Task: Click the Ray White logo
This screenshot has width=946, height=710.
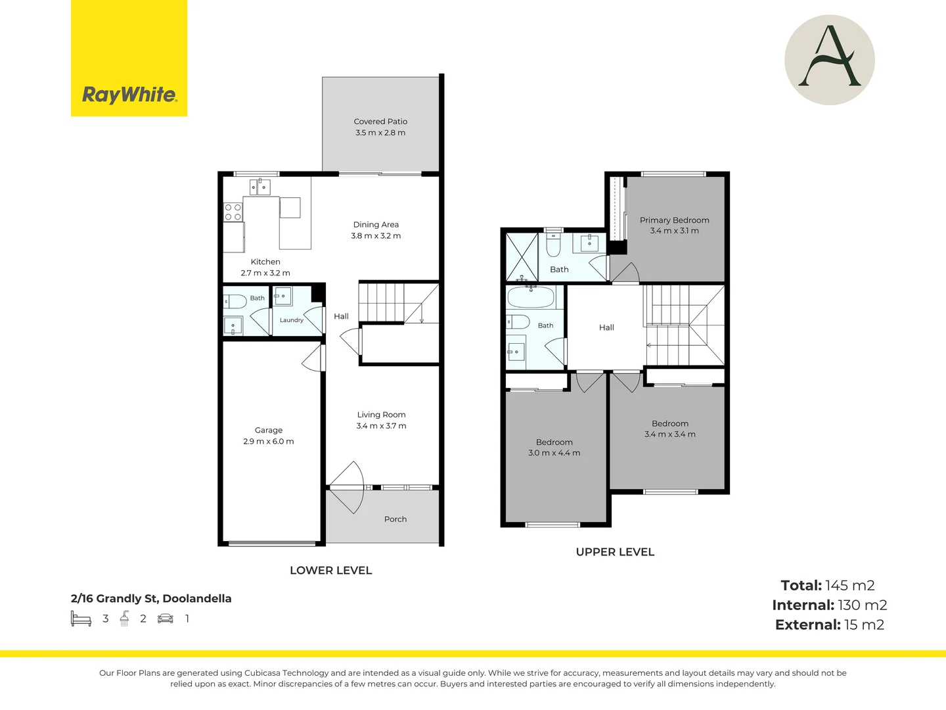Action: (129, 59)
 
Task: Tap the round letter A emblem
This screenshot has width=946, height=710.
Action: (829, 60)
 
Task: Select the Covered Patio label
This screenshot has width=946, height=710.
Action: (380, 122)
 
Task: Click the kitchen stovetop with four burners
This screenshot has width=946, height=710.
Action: (233, 212)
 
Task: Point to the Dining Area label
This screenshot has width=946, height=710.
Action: (376, 225)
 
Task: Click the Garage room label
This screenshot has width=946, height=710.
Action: (269, 430)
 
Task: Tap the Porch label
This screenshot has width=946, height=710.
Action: (395, 519)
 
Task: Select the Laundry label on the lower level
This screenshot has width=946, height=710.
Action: (291, 320)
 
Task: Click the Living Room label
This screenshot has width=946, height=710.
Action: (381, 415)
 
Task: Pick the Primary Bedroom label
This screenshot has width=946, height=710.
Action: (674, 220)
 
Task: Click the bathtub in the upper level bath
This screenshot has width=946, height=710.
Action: (531, 296)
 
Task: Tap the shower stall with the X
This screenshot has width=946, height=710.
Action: (522, 257)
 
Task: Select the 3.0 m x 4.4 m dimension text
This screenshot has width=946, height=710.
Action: (554, 453)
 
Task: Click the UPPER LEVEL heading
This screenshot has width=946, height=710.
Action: (615, 552)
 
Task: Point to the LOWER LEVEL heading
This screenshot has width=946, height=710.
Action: (330, 571)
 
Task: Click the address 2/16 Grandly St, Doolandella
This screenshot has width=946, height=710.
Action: (151, 598)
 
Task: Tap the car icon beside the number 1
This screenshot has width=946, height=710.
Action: (165, 619)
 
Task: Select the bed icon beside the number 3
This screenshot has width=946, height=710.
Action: (81, 619)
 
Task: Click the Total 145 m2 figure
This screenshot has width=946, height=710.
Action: (828, 585)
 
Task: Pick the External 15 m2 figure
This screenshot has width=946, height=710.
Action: (830, 625)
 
